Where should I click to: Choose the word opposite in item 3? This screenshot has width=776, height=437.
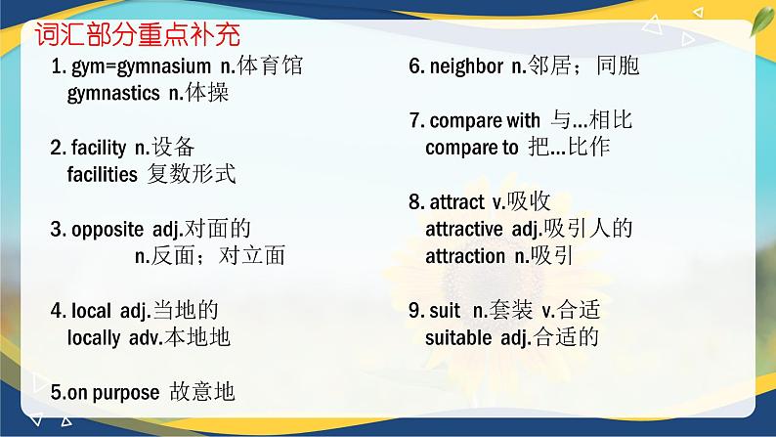pyautogui.click(x=108, y=230)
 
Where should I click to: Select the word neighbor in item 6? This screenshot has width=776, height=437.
pyautogui.click(x=466, y=67)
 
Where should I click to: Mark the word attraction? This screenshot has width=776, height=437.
pyautogui.click(x=466, y=256)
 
